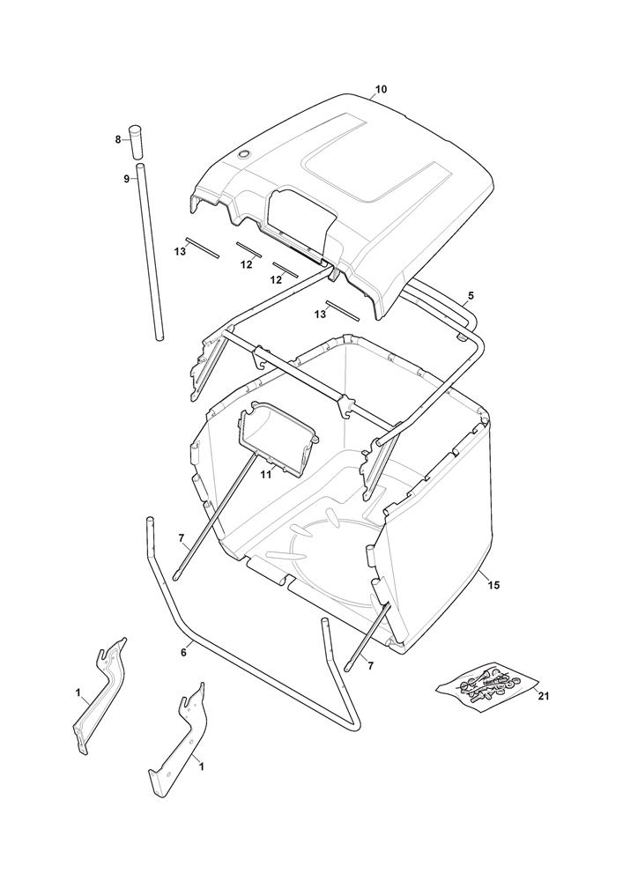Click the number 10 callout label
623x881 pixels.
[x=381, y=89]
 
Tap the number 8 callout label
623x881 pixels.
[x=118, y=139]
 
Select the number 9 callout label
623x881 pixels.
[x=126, y=179]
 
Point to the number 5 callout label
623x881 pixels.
[x=471, y=295]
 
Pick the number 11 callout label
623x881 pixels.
[x=266, y=475]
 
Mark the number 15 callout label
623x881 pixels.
[x=493, y=586]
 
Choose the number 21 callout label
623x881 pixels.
[x=543, y=697]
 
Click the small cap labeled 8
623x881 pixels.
[x=136, y=142]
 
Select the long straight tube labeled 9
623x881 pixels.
[x=151, y=251]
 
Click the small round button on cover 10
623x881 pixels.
[x=244, y=153]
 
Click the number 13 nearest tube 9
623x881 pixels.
[x=180, y=252]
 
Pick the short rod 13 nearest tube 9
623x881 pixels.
[x=203, y=248]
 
